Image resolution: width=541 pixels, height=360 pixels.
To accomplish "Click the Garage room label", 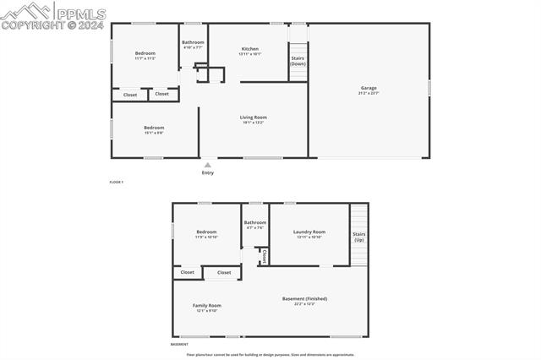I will click(369, 87).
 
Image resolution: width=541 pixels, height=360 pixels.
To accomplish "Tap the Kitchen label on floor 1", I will click(250, 49).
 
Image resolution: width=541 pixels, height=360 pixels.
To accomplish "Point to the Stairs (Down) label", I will click(298, 61).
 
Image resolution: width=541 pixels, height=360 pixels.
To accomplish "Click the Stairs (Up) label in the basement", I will click(359, 237).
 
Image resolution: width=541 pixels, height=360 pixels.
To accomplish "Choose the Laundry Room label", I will click(309, 232).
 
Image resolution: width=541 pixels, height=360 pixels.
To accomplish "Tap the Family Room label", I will click(206, 305).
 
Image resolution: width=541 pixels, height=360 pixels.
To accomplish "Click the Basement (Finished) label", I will click(304, 298).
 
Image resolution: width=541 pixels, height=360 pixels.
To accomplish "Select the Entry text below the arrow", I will click(208, 172).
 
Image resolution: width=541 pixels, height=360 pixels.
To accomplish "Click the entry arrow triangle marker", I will click(208, 165).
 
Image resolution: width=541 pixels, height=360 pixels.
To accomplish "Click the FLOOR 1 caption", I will click(117, 183).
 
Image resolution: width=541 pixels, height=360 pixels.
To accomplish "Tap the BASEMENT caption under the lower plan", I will click(180, 345).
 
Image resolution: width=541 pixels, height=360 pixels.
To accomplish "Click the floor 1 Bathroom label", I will click(193, 42).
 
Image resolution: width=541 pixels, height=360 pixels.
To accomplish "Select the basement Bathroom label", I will click(255, 222).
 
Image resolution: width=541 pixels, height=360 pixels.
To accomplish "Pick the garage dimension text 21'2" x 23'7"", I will click(369, 93).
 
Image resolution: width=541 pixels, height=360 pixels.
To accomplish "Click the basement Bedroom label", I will click(207, 232).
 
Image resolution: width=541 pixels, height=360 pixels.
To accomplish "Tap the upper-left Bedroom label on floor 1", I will click(145, 53).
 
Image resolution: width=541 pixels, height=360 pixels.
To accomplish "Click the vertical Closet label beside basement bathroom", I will click(264, 255).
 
